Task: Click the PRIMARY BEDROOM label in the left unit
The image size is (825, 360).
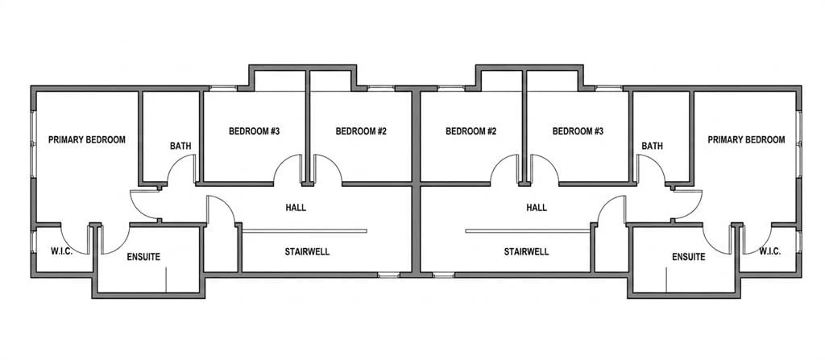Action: click(87, 139)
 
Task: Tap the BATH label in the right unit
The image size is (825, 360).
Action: click(652, 146)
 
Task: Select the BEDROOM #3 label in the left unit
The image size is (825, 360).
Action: click(254, 131)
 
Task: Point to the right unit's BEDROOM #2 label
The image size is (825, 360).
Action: click(471, 131)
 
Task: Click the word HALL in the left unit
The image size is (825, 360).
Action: click(296, 207)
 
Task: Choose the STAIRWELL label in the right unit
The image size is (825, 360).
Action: click(526, 251)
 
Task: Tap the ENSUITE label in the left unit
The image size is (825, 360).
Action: click(143, 257)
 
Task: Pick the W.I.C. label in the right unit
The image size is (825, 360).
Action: click(769, 251)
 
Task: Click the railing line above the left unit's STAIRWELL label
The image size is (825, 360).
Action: click(305, 230)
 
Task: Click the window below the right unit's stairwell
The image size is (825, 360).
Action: click(444, 274)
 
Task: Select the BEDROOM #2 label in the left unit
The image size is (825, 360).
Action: click(361, 131)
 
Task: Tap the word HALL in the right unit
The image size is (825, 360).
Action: click(537, 207)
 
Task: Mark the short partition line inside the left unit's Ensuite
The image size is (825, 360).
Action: click(166, 279)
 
